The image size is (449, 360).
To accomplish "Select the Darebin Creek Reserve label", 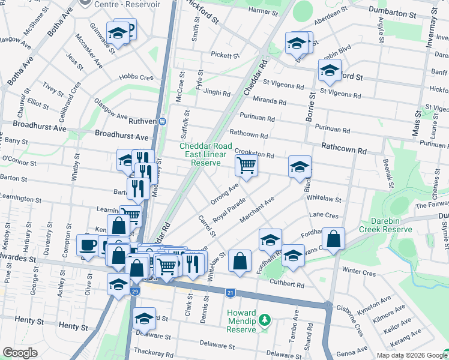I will point(385,224).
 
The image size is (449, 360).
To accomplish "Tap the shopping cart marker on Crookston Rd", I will point(247,166).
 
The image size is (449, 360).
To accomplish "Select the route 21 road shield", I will point(231,293).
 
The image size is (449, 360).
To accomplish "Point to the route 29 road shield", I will point(136,292).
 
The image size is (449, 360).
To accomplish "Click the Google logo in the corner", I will point(20,352).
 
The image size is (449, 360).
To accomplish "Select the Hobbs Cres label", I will point(136,77).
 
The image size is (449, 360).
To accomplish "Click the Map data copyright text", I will point(412,355).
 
